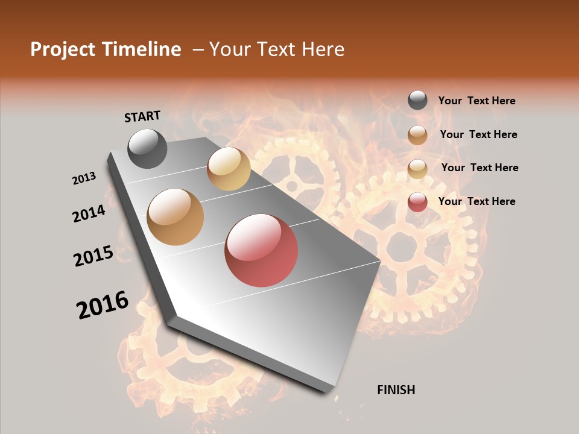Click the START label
[142, 116]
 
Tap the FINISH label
[396, 390]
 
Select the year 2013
[84, 178]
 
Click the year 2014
[89, 213]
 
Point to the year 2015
[93, 256]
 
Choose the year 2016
[103, 305]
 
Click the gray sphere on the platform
[147, 148]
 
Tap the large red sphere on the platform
[261, 250]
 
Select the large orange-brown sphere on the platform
[176, 217]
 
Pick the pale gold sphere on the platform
[229, 169]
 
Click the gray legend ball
[417, 101]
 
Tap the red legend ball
[417, 202]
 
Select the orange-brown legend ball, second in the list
[417, 135]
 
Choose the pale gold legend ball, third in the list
[417, 169]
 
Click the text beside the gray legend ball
[476, 101]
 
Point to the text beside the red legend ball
[476, 201]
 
